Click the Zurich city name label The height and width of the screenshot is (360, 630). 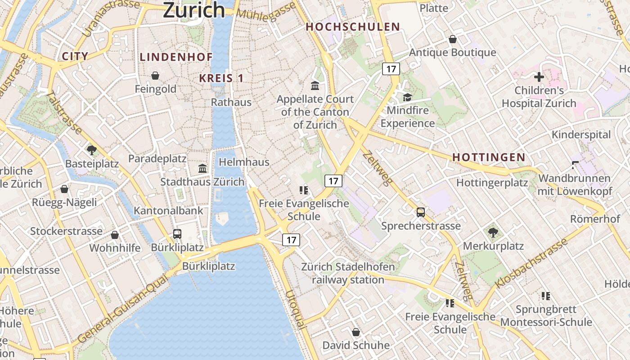pyautogui.click(x=193, y=9)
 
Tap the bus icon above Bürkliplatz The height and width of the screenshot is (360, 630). pyautogui.click(x=177, y=234)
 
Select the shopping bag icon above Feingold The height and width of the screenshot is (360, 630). pyautogui.click(x=155, y=75)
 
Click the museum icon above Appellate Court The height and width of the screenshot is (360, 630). pyautogui.click(x=315, y=85)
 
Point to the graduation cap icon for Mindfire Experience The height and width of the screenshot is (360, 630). pyautogui.click(x=407, y=97)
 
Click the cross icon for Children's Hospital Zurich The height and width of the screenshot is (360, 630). pyautogui.click(x=539, y=77)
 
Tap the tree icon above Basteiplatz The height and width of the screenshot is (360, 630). pyautogui.click(x=92, y=150)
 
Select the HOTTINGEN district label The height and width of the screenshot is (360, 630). pyautogui.click(x=489, y=157)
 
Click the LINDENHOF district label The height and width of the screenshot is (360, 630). pyautogui.click(x=176, y=57)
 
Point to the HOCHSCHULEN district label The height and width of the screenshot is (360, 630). pyautogui.click(x=353, y=27)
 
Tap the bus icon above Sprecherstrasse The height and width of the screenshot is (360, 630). pyautogui.click(x=421, y=212)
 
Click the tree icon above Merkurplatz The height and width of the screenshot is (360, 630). pyautogui.click(x=493, y=233)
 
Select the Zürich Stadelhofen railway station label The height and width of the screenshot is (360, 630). pyautogui.click(x=348, y=273)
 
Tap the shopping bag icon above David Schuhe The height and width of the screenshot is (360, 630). pyautogui.click(x=356, y=332)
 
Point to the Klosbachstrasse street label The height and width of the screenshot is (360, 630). pyautogui.click(x=531, y=264)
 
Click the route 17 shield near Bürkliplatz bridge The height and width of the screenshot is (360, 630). pyautogui.click(x=291, y=240)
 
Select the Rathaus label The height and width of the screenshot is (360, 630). pyautogui.click(x=231, y=102)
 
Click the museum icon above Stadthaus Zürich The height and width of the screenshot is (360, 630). pyautogui.click(x=202, y=169)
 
